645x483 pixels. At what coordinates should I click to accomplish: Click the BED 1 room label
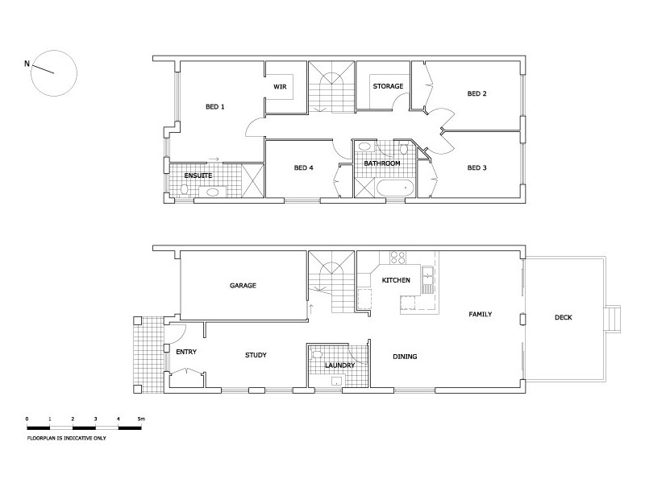(215, 107)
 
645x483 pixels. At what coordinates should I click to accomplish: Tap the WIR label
(281, 86)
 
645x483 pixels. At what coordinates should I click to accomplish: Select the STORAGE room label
(387, 86)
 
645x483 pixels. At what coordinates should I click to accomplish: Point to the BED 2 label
(477, 93)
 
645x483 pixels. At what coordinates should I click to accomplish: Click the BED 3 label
(477, 168)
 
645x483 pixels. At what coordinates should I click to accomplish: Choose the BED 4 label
(303, 168)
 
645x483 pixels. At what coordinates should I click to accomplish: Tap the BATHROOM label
(381, 163)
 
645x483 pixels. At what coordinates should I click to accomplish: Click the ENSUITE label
(198, 175)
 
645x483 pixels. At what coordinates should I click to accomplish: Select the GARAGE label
(243, 285)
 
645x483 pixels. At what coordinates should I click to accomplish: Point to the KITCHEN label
(396, 280)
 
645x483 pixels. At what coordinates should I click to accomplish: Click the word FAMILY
(481, 314)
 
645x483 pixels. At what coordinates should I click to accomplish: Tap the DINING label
(405, 357)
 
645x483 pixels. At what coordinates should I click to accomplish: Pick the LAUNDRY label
(339, 365)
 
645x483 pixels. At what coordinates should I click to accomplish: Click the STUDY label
(256, 355)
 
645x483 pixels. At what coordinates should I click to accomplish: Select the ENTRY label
(186, 352)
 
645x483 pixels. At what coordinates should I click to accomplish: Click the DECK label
(563, 317)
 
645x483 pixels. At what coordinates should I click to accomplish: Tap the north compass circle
(54, 71)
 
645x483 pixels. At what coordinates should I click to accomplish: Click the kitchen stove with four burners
(398, 258)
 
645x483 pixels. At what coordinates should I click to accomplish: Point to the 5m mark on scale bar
(141, 419)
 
